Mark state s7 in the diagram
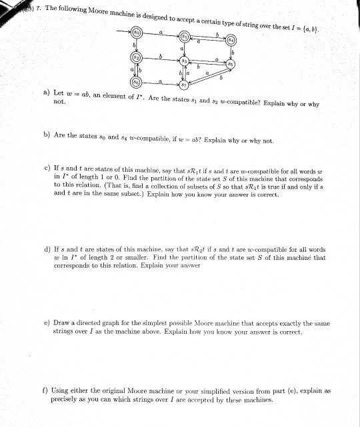coord(184,85)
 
